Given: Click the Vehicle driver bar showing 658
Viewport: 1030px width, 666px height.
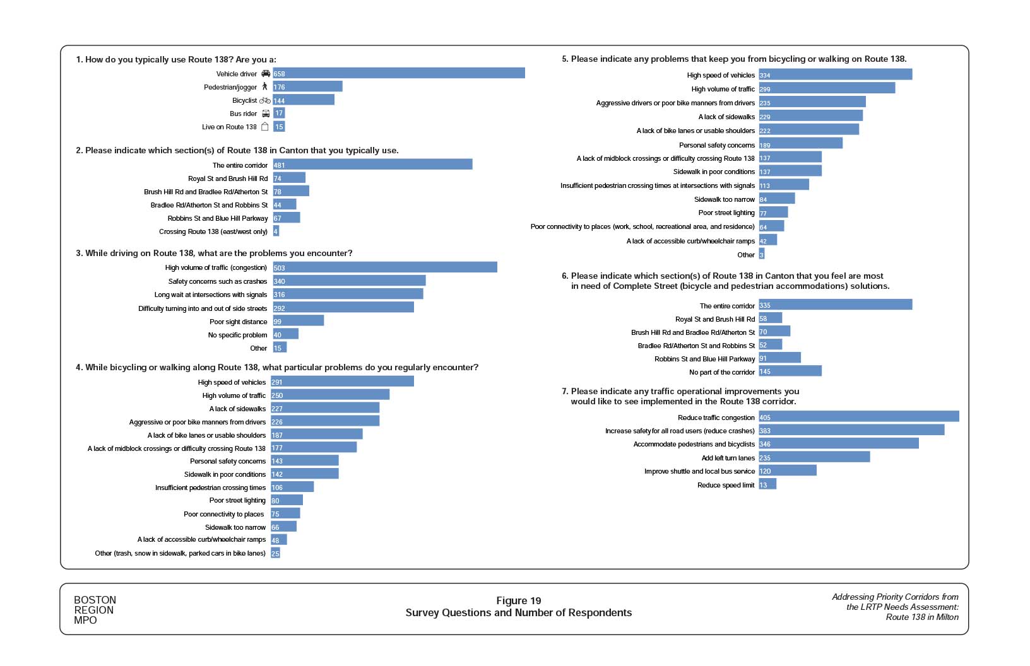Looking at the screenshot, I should (399, 74).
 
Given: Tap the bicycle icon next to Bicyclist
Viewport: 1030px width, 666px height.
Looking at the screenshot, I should (265, 100).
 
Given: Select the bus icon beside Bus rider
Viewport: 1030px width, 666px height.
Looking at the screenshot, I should (266, 114).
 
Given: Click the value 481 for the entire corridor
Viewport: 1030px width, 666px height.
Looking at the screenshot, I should (279, 165).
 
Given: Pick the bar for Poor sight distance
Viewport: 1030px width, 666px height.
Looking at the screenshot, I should (299, 321).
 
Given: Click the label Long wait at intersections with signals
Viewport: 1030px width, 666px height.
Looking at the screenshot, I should (211, 295).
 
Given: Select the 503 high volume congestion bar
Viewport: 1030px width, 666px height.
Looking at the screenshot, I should (385, 267).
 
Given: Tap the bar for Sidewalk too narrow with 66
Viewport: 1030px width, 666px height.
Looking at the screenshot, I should (284, 527).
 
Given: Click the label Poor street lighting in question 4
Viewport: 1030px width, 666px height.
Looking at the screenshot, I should (237, 500).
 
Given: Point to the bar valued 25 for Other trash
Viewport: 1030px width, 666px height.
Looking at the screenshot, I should (276, 553).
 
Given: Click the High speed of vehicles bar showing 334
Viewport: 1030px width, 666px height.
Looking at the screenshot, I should (836, 74).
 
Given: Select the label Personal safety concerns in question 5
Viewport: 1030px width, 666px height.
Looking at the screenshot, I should (717, 145).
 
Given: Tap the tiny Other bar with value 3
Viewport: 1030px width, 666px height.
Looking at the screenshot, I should (762, 254).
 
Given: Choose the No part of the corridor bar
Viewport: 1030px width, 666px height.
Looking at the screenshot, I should (790, 371).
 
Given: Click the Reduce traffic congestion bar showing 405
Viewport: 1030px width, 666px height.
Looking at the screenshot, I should (859, 417).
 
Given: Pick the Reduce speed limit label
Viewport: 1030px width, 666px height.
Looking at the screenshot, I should (726, 485).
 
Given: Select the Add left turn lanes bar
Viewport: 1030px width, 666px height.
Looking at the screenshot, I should (814, 457).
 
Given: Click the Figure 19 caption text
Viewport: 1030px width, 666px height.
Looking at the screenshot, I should (518, 600).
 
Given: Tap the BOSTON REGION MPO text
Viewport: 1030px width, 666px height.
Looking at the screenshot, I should (95, 610).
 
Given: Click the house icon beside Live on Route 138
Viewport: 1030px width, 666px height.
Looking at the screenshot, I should (265, 127).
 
